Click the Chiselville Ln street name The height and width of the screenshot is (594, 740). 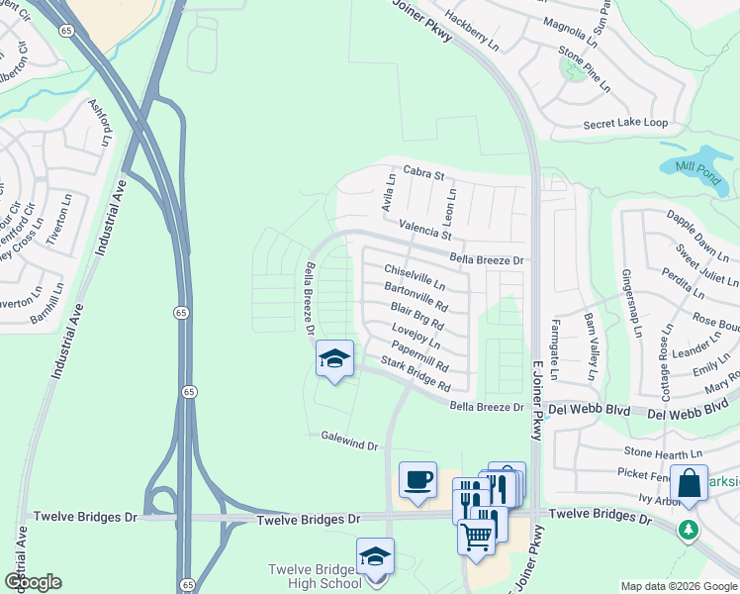coord(415,277)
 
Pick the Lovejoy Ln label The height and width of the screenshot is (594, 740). coord(416,335)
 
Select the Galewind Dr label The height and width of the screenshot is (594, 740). coord(350,441)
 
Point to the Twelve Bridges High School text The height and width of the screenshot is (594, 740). coord(316,577)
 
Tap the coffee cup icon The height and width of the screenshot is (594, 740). coord(417,480)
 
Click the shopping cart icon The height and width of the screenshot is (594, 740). coord(476,537)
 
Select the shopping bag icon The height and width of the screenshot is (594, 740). coord(689,483)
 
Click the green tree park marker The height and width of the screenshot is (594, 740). coord(689,530)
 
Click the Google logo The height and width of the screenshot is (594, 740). coord(33,581)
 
